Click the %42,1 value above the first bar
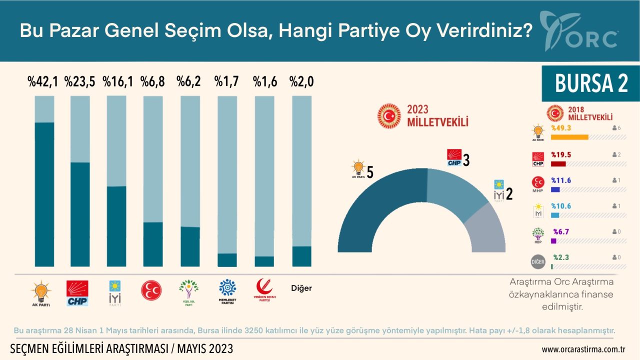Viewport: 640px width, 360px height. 43,81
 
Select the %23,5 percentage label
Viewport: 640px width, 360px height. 80,81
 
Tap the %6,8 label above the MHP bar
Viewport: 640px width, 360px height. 152,81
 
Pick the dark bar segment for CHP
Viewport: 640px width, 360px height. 80,214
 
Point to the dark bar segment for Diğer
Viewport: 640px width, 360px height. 301,256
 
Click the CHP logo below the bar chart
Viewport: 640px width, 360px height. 77,293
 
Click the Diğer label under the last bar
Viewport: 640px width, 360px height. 301,288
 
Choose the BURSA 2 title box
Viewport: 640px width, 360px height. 591,83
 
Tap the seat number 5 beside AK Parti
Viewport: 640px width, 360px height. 370,172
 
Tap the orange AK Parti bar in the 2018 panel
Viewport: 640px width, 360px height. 569,137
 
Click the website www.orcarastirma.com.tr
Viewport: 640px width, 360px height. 584,348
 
